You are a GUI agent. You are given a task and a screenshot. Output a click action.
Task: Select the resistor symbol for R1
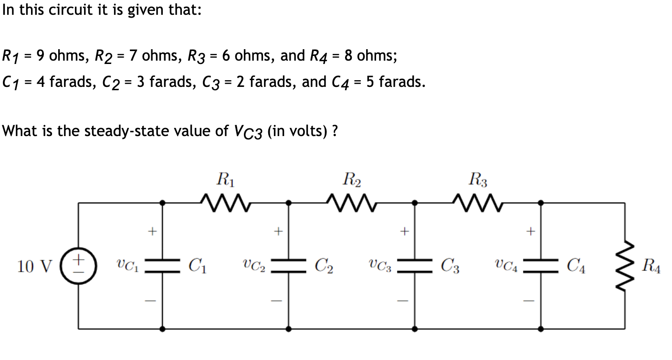click(224, 202)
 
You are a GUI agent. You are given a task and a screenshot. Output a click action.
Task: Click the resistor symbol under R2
click(351, 202)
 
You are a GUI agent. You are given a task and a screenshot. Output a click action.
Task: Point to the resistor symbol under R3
click(477, 202)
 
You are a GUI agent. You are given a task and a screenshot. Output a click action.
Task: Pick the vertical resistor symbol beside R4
click(624, 266)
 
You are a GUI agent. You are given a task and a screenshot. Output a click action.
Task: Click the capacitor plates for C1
click(162, 266)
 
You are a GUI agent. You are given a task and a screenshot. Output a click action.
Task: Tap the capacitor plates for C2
click(288, 266)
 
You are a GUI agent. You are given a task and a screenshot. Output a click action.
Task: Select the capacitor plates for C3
click(414, 266)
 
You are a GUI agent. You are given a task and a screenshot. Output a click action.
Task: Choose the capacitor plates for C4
click(540, 266)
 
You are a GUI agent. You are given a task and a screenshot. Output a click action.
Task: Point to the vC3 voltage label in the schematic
click(380, 266)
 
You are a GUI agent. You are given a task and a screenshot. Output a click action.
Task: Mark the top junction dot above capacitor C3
click(414, 203)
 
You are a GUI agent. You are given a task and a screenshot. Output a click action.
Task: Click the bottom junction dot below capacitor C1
click(162, 329)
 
